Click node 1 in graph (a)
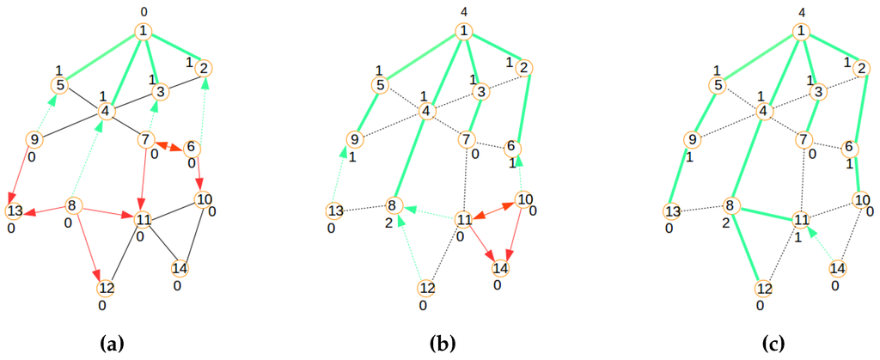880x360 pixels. [x=144, y=32]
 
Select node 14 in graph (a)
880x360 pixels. [x=180, y=268]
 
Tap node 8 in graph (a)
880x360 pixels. [x=73, y=205]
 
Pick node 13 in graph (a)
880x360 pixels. [x=15, y=211]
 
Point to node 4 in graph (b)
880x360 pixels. [x=425, y=110]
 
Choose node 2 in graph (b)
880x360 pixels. [x=526, y=68]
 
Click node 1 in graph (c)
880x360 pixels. [x=802, y=32]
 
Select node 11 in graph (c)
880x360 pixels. [x=800, y=219]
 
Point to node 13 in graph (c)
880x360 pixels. [x=673, y=211]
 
